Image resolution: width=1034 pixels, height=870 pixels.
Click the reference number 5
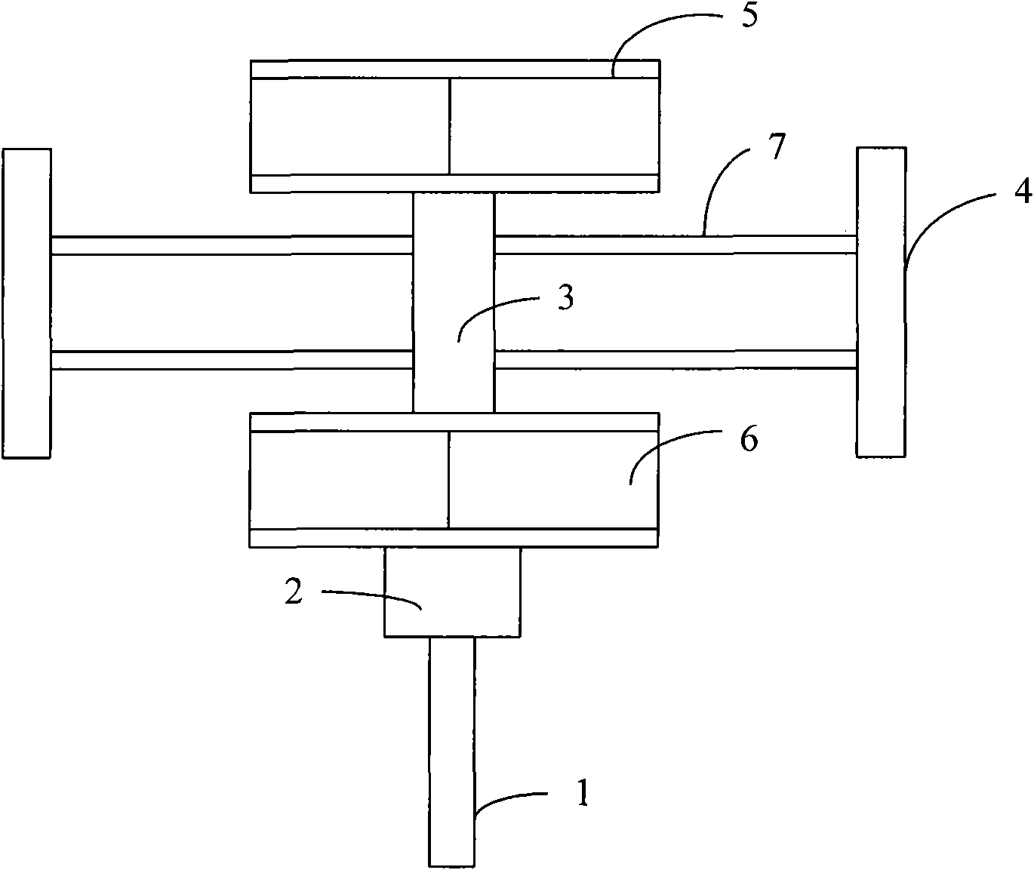749,17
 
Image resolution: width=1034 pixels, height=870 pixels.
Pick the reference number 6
749,439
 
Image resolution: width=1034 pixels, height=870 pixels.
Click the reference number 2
294,592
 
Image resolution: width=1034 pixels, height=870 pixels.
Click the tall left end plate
26,303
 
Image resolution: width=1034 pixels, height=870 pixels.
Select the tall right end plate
882,302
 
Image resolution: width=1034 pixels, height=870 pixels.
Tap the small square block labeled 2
453,592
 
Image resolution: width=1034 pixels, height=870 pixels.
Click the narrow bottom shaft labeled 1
451,752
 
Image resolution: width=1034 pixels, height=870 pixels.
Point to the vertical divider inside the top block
450,126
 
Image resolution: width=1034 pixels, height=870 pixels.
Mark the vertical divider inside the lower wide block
448,480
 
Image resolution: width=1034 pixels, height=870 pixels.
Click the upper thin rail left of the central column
232,245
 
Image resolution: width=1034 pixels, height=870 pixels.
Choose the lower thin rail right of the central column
675,360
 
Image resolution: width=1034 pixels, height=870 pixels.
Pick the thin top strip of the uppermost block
454,69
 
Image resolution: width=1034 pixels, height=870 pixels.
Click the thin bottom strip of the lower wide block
454,538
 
